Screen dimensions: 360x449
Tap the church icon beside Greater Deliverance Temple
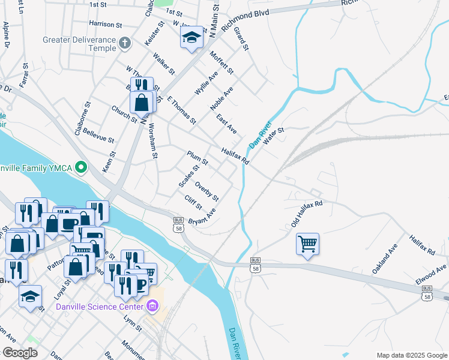click(x=124, y=42)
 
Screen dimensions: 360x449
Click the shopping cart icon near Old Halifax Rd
click(x=307, y=244)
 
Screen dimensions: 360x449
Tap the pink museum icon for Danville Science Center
click(x=152, y=307)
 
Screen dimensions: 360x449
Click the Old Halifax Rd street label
click(x=307, y=214)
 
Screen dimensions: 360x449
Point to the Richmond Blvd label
click(x=245, y=19)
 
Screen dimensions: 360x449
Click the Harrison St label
click(x=105, y=25)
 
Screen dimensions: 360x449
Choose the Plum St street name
click(x=197, y=158)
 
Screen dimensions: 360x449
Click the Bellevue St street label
click(x=98, y=135)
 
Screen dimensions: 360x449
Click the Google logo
click(x=20, y=352)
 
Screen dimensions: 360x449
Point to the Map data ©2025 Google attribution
click(x=411, y=355)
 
